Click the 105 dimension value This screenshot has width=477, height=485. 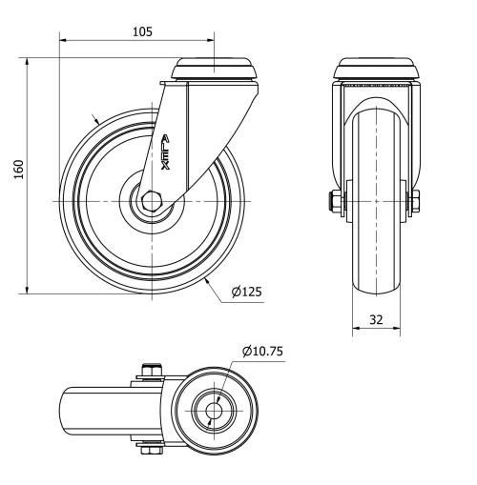[141, 30]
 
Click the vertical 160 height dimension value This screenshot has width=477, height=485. [17, 169]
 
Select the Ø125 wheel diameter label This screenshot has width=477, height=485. [245, 292]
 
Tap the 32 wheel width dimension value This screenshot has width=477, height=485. [376, 320]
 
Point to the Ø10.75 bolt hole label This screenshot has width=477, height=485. [262, 352]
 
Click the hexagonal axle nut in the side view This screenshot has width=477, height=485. [153, 202]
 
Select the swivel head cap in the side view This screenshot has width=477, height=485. [214, 70]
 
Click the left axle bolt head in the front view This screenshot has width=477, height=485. [336, 202]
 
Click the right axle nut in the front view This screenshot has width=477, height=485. [418, 202]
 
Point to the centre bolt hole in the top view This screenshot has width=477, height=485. [211, 412]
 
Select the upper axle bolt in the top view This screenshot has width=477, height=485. [150, 371]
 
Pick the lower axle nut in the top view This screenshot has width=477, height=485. [150, 450]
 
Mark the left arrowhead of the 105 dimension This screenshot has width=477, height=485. [64, 41]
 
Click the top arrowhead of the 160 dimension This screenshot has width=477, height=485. [28, 62]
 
